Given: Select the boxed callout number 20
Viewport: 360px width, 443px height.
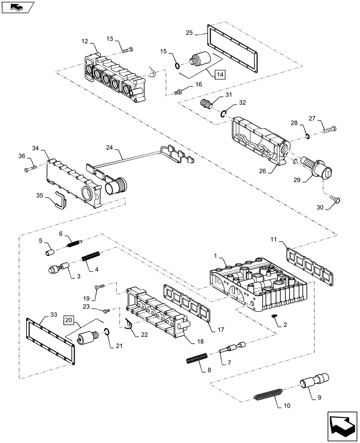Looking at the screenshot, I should pos(68,319).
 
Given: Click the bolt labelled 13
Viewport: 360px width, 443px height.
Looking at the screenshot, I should pos(128,50).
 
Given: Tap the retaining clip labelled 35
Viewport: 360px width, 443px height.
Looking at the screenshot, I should pos(58,199).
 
